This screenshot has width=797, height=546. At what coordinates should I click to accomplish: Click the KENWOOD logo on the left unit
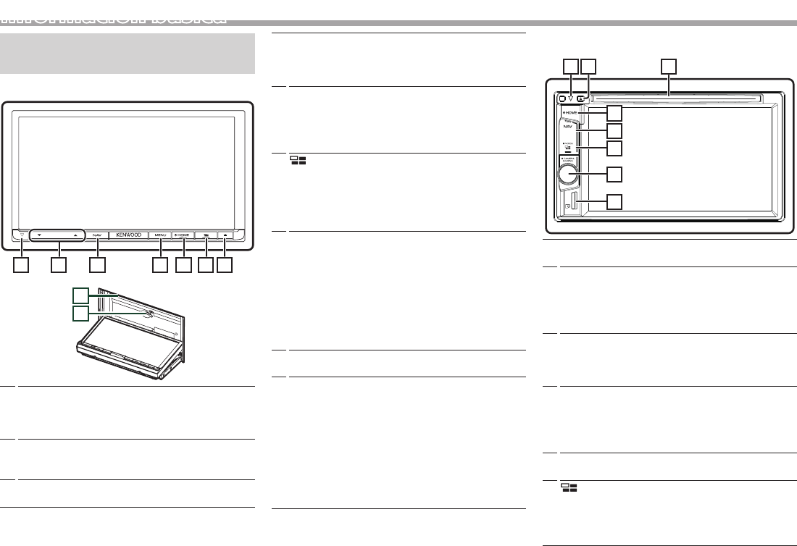click(x=127, y=235)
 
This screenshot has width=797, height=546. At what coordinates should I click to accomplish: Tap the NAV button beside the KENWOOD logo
click(x=97, y=235)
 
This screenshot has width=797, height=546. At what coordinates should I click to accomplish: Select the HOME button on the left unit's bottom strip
click(x=182, y=235)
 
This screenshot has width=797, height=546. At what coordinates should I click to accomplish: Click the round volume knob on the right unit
click(x=569, y=174)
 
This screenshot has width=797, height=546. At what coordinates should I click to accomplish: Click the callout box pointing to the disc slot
click(x=669, y=66)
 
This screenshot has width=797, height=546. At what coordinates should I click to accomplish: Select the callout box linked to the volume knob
click(x=614, y=175)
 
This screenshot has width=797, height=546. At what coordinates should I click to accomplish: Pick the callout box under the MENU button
click(x=159, y=266)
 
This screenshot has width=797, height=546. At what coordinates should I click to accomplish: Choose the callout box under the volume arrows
click(x=59, y=266)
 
